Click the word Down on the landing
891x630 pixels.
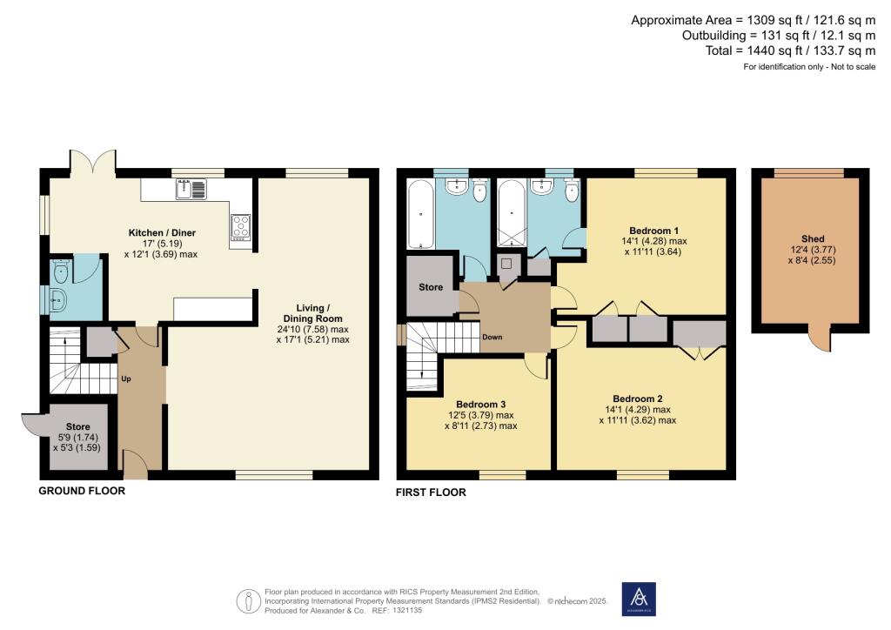coord(492,337)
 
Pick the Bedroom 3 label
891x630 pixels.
coord(480,404)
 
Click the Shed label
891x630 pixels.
coord(813,238)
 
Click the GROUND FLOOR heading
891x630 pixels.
coord(82,491)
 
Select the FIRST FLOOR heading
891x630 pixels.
coord(431,493)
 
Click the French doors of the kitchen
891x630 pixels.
coord(92,163)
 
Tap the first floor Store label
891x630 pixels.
coord(431,287)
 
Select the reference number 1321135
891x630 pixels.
coord(407,610)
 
